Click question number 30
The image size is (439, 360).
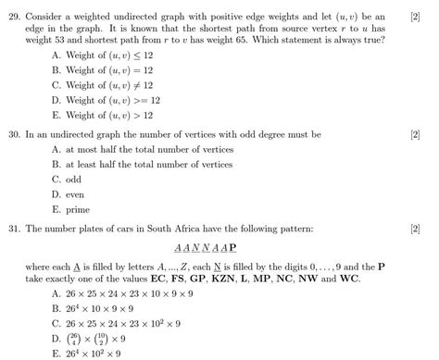(13, 135)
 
